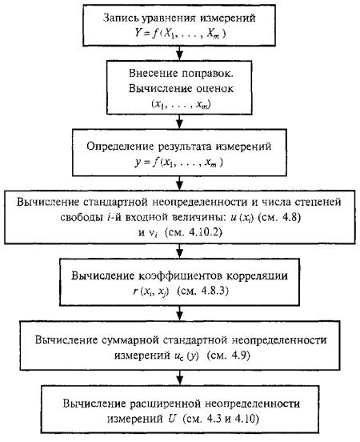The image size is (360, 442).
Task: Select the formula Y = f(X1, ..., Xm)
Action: (180, 34)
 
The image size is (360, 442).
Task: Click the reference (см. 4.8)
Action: (279, 217)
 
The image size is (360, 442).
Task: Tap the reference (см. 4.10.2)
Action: (194, 233)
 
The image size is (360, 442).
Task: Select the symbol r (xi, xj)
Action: (151, 291)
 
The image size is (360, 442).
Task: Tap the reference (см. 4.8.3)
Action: (203, 291)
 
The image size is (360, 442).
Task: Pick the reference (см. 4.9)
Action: (229, 356)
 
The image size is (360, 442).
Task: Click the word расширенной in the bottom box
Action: (166, 404)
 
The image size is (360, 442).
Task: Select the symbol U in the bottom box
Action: (172, 419)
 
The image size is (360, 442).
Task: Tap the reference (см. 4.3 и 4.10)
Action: (221, 420)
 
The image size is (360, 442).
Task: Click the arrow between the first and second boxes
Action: (180, 54)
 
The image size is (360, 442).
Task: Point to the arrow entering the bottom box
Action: (180, 378)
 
